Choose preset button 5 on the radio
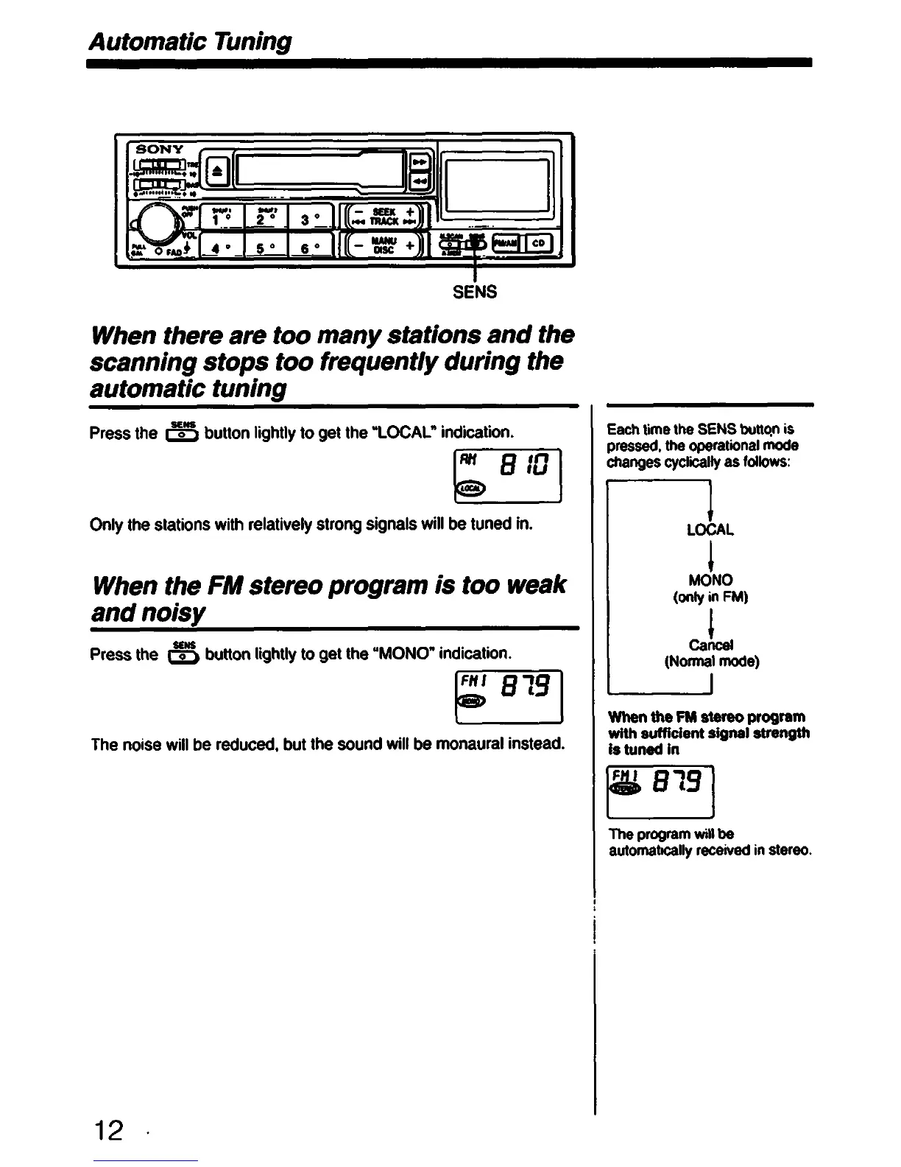pyautogui.click(x=263, y=247)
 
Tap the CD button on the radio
pyautogui.click(x=538, y=243)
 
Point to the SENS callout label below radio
pyautogui.click(x=475, y=292)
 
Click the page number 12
pyautogui.click(x=107, y=1129)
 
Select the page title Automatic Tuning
pyautogui.click(x=190, y=41)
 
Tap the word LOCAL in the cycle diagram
pyautogui.click(x=710, y=530)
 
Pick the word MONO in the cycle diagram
pyautogui.click(x=710, y=580)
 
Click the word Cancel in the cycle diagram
pyautogui.click(x=710, y=645)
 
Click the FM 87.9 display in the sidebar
pyautogui.click(x=660, y=791)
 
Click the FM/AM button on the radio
pyautogui.click(x=506, y=243)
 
